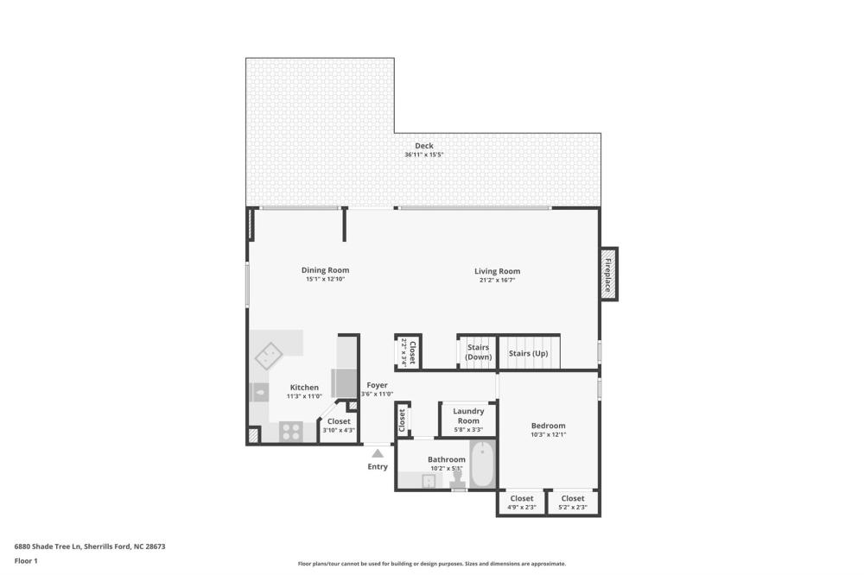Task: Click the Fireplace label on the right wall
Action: click(607, 275)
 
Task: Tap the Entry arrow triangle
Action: click(378, 453)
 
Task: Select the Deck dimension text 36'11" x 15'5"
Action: click(423, 155)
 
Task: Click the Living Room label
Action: click(497, 271)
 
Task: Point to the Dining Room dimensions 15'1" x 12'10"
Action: click(325, 279)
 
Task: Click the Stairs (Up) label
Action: click(529, 353)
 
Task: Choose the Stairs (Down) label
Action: click(479, 352)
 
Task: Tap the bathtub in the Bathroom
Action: click(483, 464)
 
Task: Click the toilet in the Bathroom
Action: click(457, 478)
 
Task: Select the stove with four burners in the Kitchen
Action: click(290, 432)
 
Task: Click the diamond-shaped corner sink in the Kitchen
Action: click(269, 356)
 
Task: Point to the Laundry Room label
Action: click(468, 416)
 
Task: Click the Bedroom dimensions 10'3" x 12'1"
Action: click(549, 434)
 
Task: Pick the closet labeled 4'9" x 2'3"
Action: click(521, 502)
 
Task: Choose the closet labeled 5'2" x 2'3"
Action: click(573, 502)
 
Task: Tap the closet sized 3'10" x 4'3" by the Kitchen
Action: click(339, 425)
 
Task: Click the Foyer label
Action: click(377, 385)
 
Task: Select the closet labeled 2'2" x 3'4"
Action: click(409, 352)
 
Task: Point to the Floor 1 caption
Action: click(26, 561)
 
